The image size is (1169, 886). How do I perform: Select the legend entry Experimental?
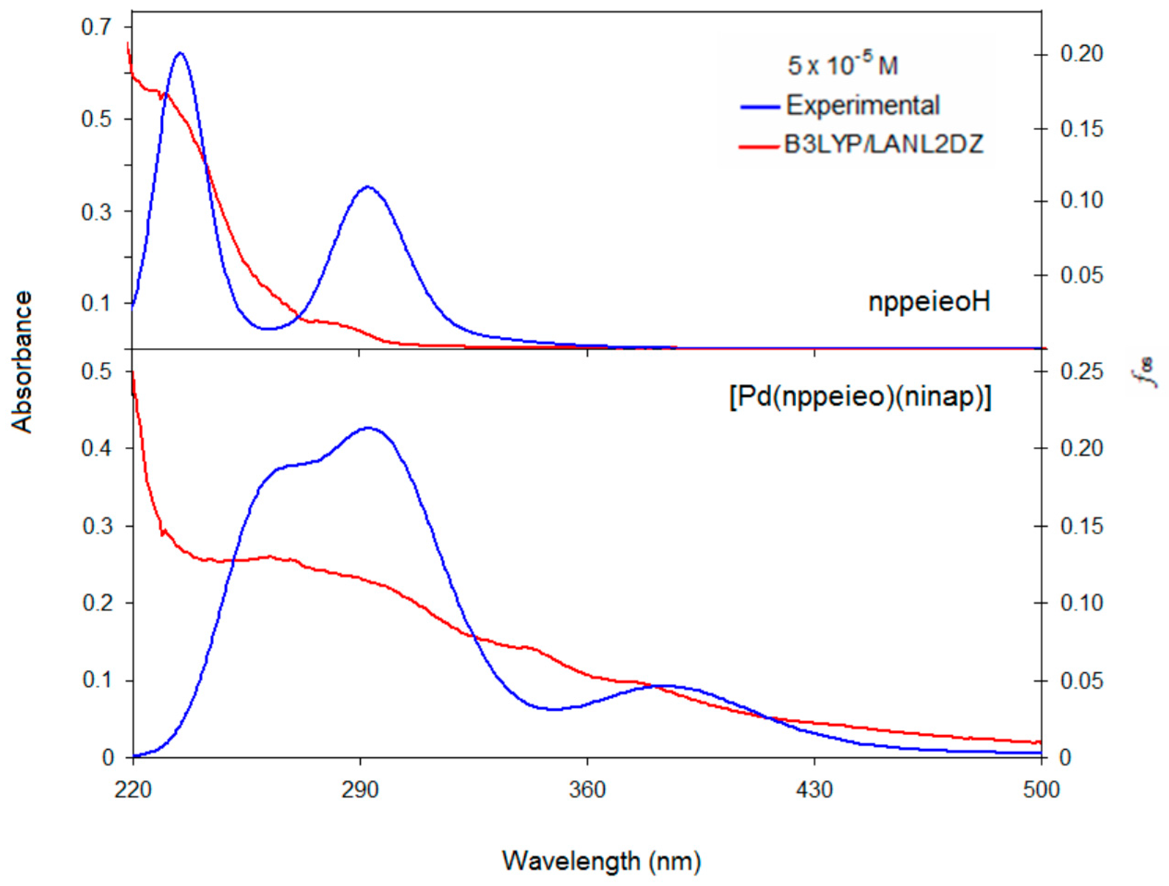(862, 105)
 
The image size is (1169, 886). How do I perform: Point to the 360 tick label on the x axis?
(587, 790)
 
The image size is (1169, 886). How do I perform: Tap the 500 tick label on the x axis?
(1041, 790)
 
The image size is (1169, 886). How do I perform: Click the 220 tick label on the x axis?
(133, 790)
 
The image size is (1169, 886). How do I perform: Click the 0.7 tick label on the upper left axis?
(96, 27)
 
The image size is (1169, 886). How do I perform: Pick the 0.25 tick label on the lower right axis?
(1081, 372)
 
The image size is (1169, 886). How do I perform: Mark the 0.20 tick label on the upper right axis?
(1081, 55)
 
